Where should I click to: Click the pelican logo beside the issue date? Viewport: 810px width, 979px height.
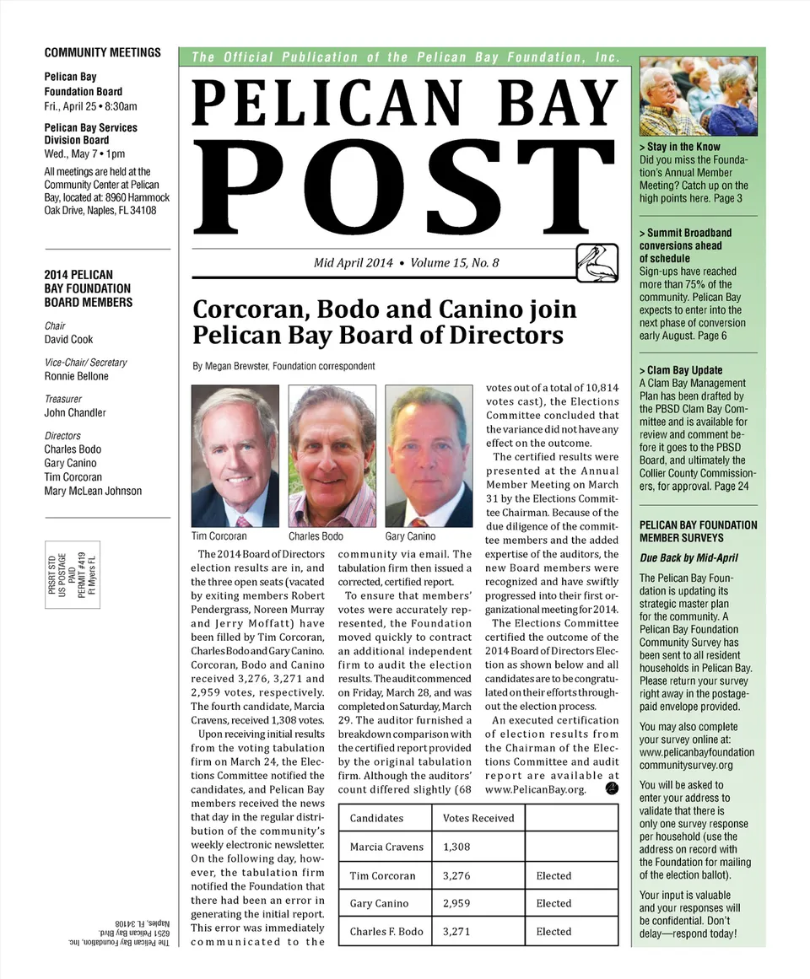(597, 262)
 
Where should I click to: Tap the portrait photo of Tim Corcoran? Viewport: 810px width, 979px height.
(235, 455)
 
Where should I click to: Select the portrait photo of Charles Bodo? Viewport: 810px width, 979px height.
(332, 455)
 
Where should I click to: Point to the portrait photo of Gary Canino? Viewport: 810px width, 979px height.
(429, 455)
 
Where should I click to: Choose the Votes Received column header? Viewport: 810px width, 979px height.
(478, 818)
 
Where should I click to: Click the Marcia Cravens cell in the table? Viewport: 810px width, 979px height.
(386, 847)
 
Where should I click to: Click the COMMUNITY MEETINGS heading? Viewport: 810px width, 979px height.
(102, 52)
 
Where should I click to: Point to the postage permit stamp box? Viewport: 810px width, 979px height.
(73, 574)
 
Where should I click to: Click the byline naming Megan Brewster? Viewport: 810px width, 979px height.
(283, 367)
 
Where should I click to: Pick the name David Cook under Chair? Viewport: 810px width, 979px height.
(69, 340)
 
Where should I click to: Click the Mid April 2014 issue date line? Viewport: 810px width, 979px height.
(406, 263)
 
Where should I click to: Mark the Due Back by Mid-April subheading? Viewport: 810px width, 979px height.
(688, 558)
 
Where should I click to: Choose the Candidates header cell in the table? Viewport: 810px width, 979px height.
(376, 818)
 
